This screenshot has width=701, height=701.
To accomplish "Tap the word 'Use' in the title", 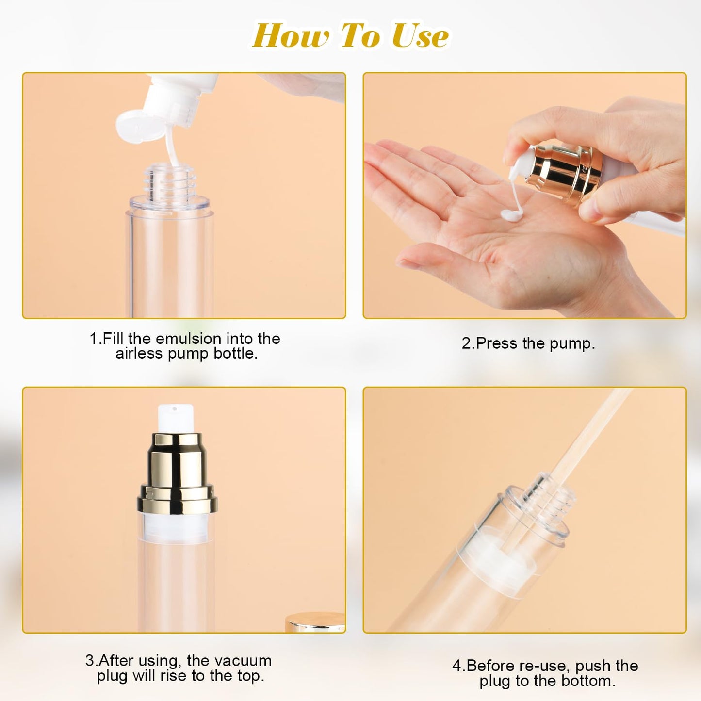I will tap(420, 36).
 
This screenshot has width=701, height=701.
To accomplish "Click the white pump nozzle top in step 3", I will tap(176, 418).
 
